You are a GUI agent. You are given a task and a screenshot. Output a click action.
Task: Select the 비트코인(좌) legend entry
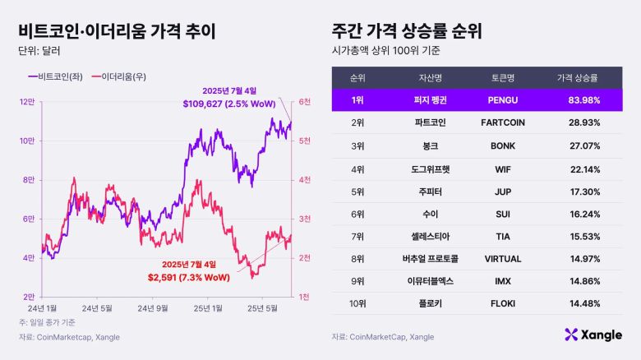(x=53, y=76)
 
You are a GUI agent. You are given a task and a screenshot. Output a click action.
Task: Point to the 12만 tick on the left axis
(x=26, y=102)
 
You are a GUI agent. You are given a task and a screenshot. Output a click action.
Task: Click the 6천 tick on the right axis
(x=303, y=102)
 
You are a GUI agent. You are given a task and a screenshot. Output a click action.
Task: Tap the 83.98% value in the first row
(x=581, y=100)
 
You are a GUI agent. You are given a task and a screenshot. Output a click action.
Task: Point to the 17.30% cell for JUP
(x=581, y=191)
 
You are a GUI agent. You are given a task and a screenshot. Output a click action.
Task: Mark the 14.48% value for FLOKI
(x=581, y=303)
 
